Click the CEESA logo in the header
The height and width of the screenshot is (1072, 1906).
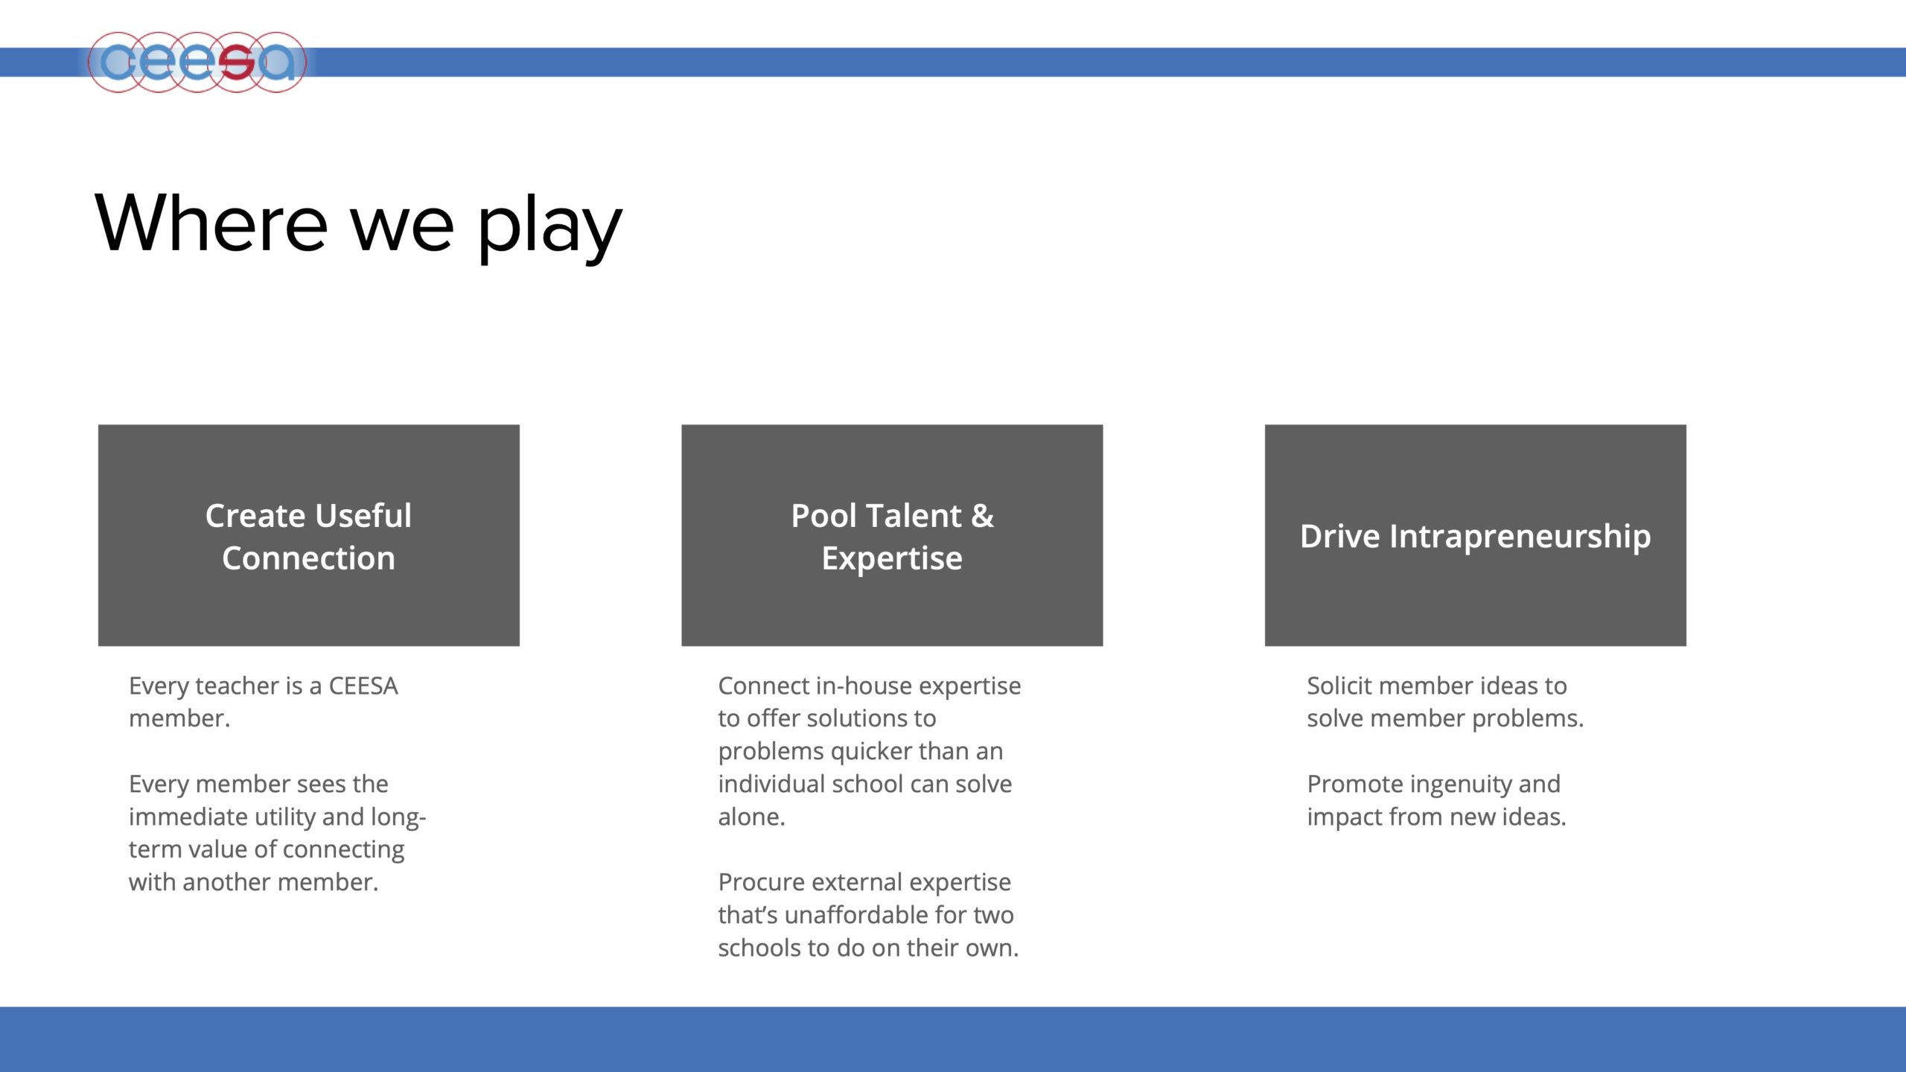197,63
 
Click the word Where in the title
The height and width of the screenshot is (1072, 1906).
211,223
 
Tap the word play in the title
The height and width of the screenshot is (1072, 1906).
549,228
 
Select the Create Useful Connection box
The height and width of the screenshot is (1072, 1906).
309,535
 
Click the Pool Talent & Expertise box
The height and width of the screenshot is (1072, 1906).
892,535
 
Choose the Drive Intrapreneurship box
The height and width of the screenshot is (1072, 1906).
1476,535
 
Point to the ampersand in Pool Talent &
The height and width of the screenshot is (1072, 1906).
982,516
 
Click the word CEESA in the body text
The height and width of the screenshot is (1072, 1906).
363,686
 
